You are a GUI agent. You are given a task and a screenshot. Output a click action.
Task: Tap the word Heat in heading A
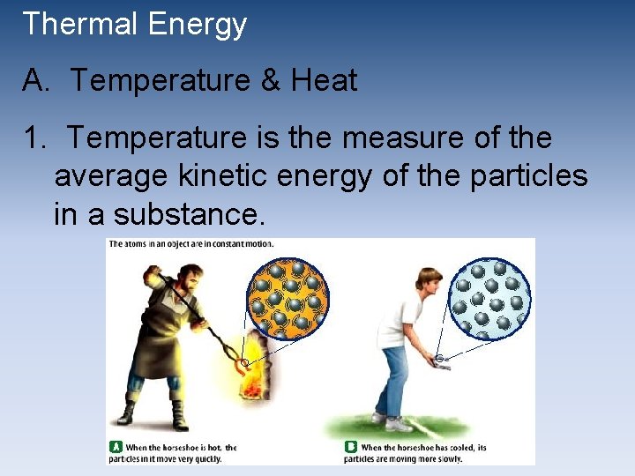(324, 81)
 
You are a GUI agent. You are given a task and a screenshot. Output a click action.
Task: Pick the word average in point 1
(111, 176)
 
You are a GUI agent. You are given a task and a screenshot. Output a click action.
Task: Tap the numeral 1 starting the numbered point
(32, 138)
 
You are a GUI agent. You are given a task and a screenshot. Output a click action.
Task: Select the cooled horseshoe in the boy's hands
(441, 360)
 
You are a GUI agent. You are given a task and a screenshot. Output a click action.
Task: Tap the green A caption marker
(115, 447)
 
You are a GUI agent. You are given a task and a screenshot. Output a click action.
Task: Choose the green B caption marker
(351, 447)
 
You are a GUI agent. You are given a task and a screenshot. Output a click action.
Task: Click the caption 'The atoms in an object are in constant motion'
(191, 244)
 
